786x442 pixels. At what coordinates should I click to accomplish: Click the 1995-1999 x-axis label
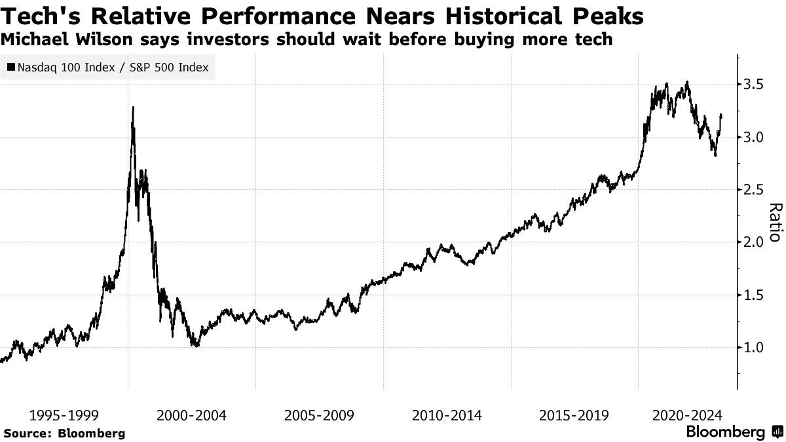(x=64, y=415)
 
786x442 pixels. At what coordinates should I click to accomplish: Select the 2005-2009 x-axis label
(x=318, y=415)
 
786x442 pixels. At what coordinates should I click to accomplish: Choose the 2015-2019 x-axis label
(x=573, y=415)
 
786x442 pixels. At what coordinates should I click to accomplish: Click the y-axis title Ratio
(x=775, y=223)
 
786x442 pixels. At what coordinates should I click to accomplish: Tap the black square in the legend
(x=11, y=67)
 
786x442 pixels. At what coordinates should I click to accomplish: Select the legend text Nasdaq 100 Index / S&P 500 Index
(x=113, y=67)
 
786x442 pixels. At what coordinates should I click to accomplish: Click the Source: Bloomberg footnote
(x=64, y=433)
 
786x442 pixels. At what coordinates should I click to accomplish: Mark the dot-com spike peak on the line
(x=133, y=107)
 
